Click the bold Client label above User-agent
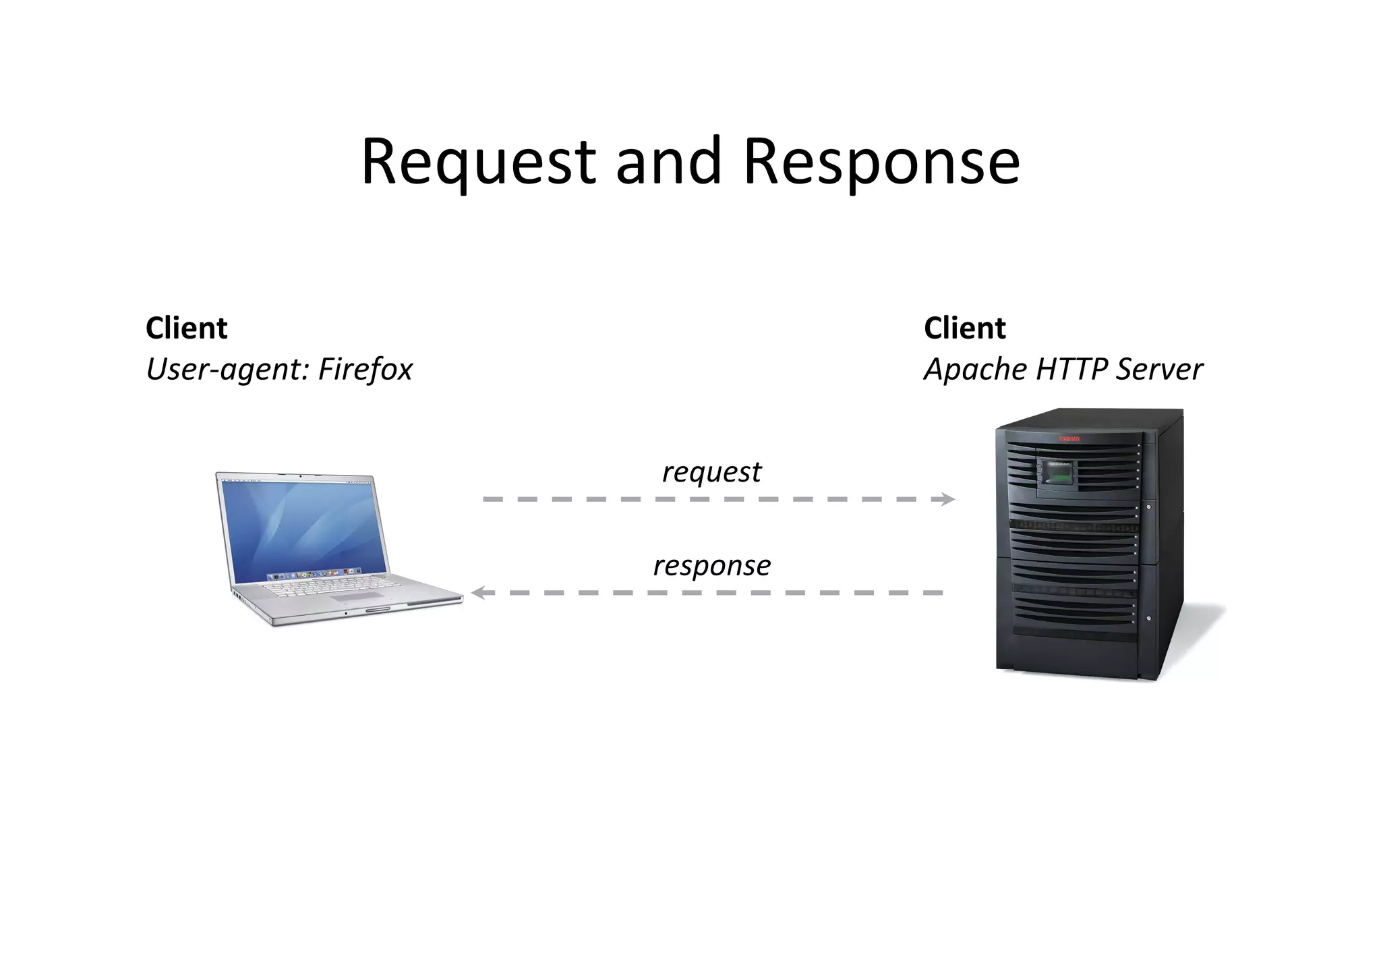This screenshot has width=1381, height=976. [187, 328]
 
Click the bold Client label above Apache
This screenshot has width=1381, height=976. [965, 328]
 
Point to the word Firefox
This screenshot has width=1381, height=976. [365, 369]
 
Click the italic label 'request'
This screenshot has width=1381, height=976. [711, 472]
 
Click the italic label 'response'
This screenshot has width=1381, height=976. [711, 565]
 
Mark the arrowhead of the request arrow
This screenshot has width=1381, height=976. [949, 499]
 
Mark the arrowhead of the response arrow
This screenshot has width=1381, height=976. [477, 593]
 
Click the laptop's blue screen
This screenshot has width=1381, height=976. [303, 526]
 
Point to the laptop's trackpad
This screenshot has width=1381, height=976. [357, 598]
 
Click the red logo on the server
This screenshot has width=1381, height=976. [1069, 439]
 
